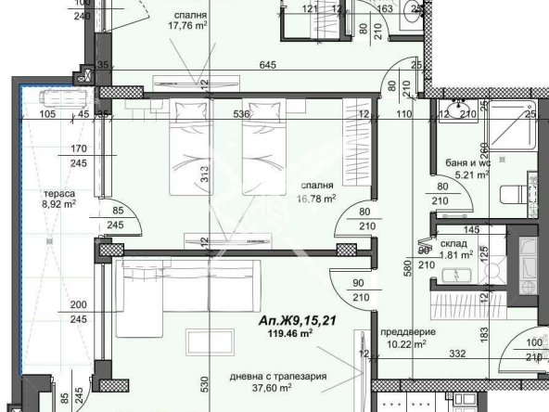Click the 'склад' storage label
(x=453, y=240)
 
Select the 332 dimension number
(x=456, y=353)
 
